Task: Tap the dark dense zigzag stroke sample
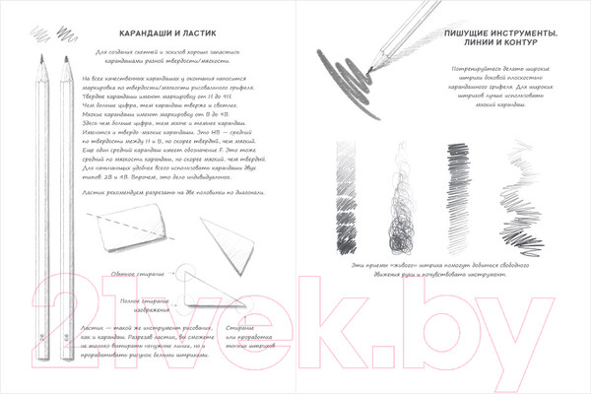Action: point(457,197)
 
